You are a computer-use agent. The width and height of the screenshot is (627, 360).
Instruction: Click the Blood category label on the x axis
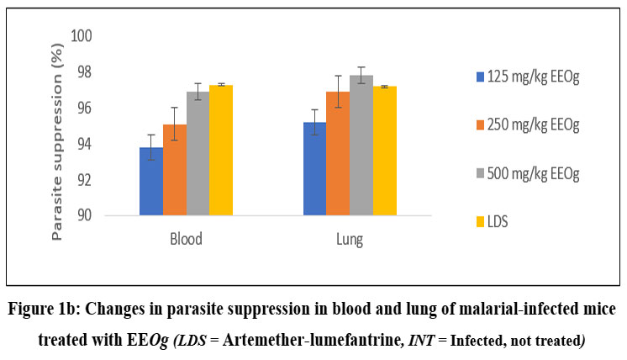click(x=186, y=240)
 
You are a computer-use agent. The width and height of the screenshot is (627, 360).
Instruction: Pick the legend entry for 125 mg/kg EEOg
click(x=529, y=77)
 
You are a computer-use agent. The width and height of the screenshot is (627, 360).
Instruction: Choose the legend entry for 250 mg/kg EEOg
click(x=529, y=125)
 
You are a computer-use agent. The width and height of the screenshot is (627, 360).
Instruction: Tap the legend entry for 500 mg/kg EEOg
click(x=529, y=173)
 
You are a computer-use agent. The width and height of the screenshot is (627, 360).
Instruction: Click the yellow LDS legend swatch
click(x=480, y=220)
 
